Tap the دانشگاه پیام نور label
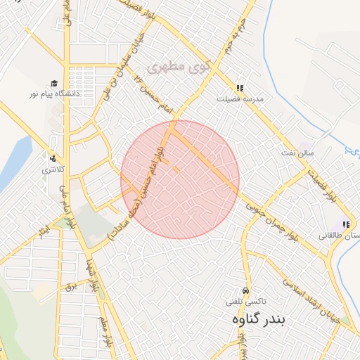pyautogui.click(x=53, y=94)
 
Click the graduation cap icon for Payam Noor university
pyautogui.click(x=53, y=83)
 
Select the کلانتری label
pyautogui.click(x=51, y=169)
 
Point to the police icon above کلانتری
pyautogui.click(x=51, y=158)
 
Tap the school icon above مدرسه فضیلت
pyautogui.click(x=239, y=89)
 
